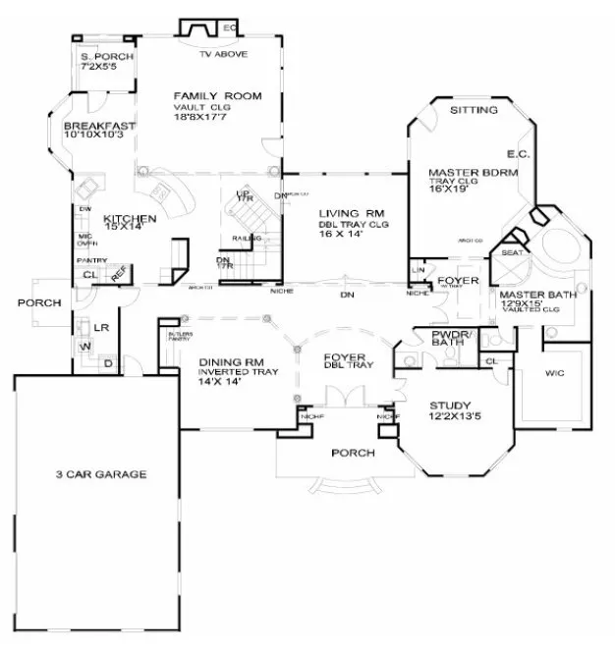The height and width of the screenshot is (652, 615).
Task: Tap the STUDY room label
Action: click(x=450, y=405)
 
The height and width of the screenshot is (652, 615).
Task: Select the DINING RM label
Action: click(x=229, y=360)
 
